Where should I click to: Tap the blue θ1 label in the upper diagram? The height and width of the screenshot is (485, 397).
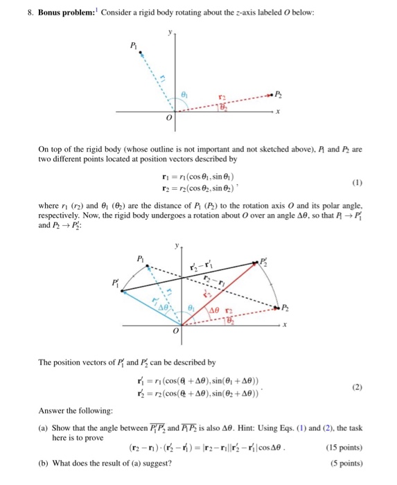[184, 91]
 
